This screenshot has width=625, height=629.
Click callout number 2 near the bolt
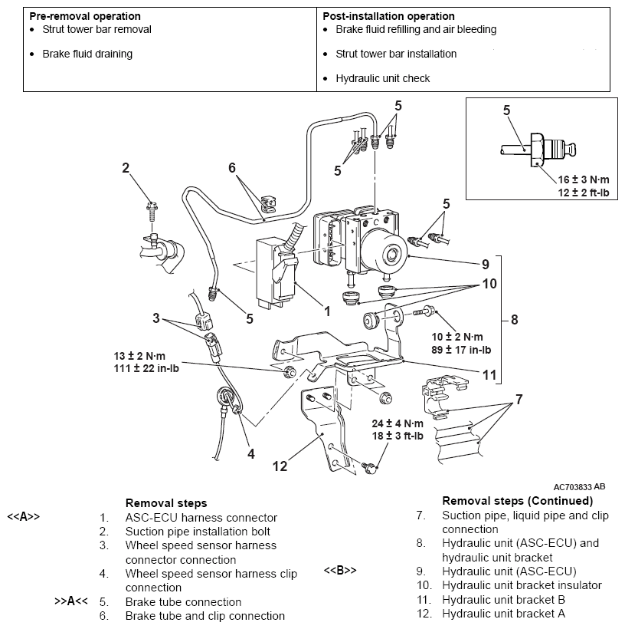coord(126,168)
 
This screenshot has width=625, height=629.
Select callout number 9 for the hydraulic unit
coord(485,264)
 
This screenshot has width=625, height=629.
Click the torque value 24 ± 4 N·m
coord(398,423)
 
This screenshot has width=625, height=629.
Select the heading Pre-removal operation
coord(85,16)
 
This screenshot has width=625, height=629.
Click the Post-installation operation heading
coord(388,16)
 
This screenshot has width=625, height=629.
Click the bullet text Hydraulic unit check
coord(382,78)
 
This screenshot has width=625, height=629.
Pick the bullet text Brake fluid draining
coord(87,54)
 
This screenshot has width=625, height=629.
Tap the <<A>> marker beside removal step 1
coord(24,517)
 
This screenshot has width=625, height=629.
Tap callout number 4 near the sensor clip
coord(250,453)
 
